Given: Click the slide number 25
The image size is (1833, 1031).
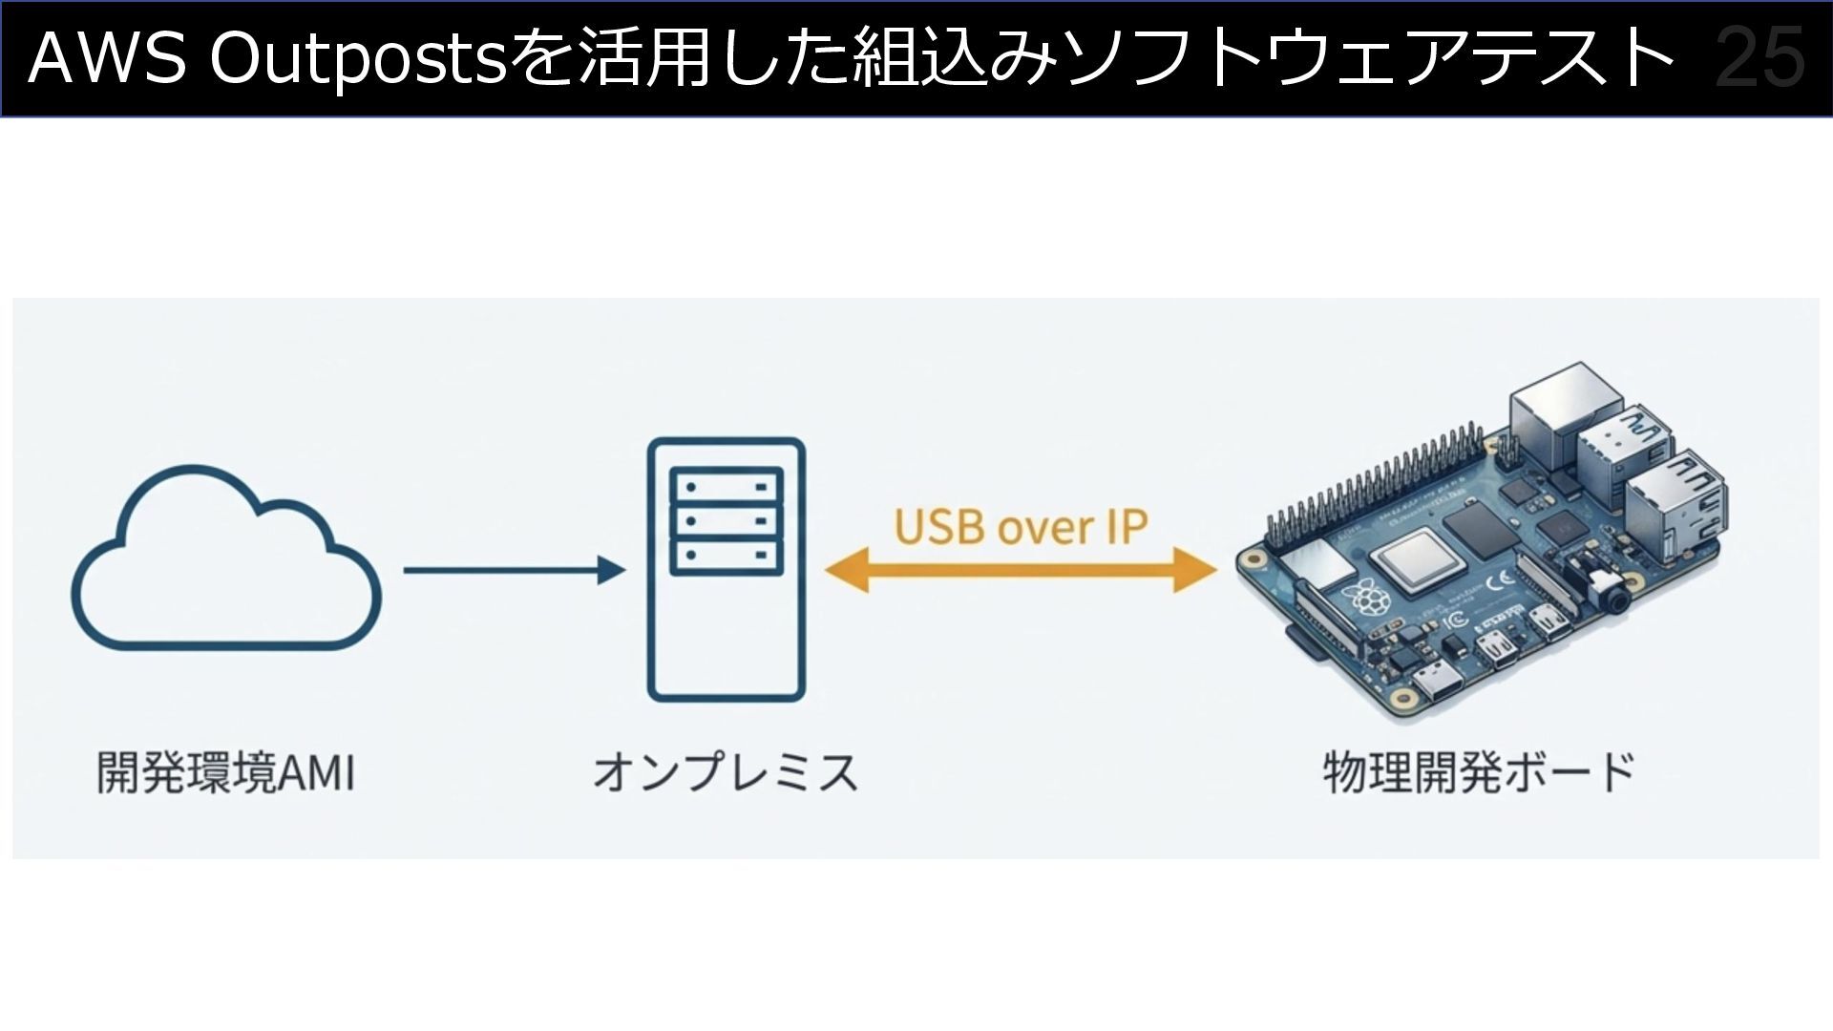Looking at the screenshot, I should coord(1759,58).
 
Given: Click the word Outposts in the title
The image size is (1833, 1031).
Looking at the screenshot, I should coord(357,58).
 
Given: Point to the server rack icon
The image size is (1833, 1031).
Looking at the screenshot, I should coord(727,569).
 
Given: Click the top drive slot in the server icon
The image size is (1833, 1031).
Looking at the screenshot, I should coord(727,486).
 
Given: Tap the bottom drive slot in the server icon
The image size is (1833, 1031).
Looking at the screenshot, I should coord(727,556).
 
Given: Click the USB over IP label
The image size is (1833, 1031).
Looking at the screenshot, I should coord(1020,526).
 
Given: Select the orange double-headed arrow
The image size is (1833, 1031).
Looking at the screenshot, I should coord(1020,570).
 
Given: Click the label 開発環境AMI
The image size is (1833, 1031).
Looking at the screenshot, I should coord(226,772).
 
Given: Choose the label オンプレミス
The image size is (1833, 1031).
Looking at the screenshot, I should coord(726,772).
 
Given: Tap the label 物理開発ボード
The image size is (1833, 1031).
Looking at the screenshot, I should coord(1479,772).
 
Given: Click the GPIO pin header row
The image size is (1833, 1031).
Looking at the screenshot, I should coord(1375,487).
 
